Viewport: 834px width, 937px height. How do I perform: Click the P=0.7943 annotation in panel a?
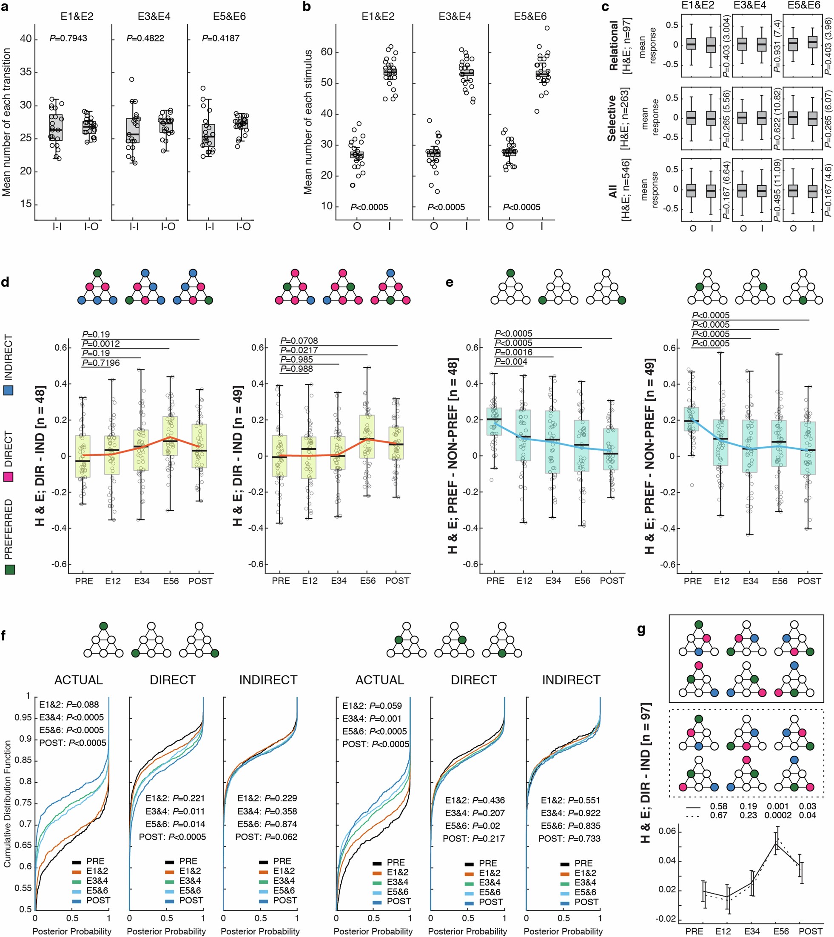click(x=68, y=38)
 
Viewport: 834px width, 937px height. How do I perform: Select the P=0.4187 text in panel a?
click(x=220, y=38)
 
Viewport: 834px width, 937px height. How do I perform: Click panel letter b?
click(x=307, y=6)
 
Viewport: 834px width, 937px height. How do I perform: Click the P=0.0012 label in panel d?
click(x=101, y=344)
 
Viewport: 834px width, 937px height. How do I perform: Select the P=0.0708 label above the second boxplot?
click(x=299, y=340)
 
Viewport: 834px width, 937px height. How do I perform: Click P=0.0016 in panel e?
click(x=513, y=352)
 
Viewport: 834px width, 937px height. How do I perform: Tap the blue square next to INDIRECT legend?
click(x=9, y=390)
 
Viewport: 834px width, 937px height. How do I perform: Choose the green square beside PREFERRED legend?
click(x=9, y=569)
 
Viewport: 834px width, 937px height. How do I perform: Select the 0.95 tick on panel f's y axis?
click(x=23, y=717)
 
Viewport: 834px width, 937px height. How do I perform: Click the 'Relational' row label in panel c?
click(x=613, y=46)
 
